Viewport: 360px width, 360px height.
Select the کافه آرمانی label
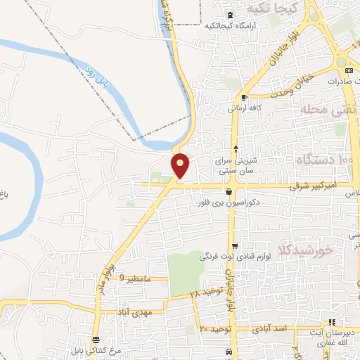coord(245,108)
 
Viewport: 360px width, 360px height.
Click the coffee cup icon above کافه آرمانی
coord(244,98)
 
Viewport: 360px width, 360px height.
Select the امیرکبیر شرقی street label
coord(316,187)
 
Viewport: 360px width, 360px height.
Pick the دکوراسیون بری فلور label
coord(229,201)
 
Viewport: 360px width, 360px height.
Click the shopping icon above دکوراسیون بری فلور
coord(229,191)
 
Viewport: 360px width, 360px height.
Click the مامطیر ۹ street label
coord(135,278)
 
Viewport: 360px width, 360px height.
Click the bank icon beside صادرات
coord(349,71)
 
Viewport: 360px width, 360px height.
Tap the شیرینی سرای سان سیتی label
coord(236,165)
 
